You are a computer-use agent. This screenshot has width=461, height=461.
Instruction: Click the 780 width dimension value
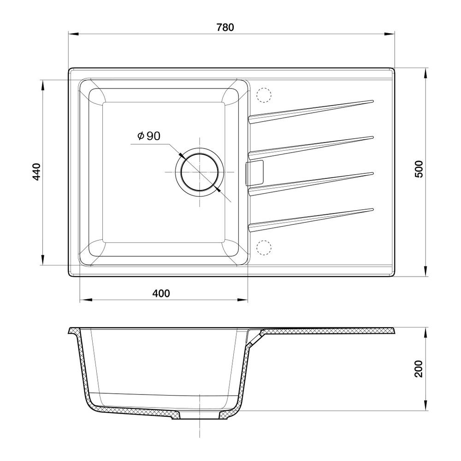[225, 27]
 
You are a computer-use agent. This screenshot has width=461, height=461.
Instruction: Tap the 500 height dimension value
[419, 169]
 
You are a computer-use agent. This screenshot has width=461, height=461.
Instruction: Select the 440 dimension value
[36, 171]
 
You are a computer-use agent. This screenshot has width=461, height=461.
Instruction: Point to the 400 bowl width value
[161, 293]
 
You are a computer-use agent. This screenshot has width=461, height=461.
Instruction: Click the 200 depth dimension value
[419, 369]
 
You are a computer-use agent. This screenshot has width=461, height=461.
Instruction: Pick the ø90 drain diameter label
[149, 136]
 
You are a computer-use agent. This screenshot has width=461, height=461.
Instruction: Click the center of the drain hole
[200, 171]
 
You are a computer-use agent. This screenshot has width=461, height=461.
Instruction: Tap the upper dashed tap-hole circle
[264, 95]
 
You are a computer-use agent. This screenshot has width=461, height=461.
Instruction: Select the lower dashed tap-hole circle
[264, 248]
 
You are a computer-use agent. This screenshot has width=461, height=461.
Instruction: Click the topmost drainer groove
[311, 112]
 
